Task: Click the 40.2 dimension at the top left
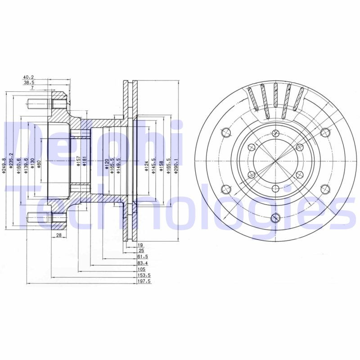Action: (x=28, y=77)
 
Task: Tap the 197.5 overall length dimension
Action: (x=143, y=281)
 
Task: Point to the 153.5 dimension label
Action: (x=143, y=275)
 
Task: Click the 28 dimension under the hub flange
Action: (x=58, y=235)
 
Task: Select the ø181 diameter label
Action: (x=84, y=162)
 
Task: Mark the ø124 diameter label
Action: (x=146, y=165)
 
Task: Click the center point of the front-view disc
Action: (x=275, y=162)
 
